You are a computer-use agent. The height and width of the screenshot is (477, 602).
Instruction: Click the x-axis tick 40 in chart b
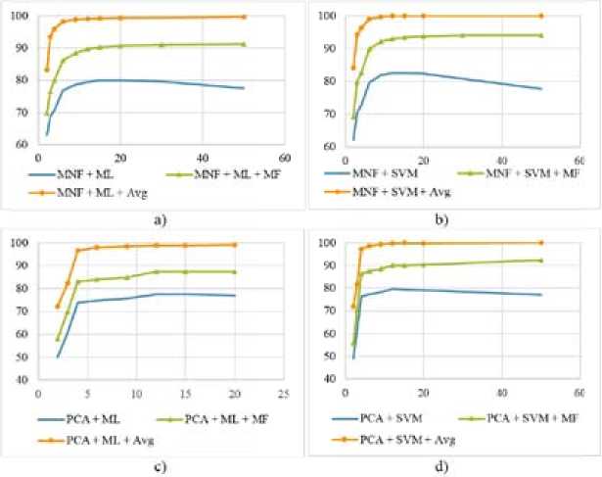[x=501, y=158]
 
